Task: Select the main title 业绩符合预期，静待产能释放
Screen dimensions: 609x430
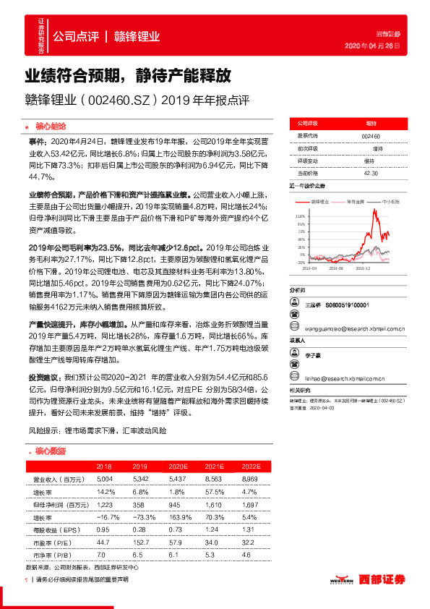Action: (x=128, y=74)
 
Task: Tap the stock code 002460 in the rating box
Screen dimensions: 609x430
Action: (x=370, y=135)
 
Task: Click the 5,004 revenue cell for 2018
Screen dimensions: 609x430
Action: (x=104, y=480)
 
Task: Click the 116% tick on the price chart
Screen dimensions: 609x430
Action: (x=300, y=216)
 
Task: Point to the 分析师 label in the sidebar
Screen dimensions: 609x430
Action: (x=298, y=289)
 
